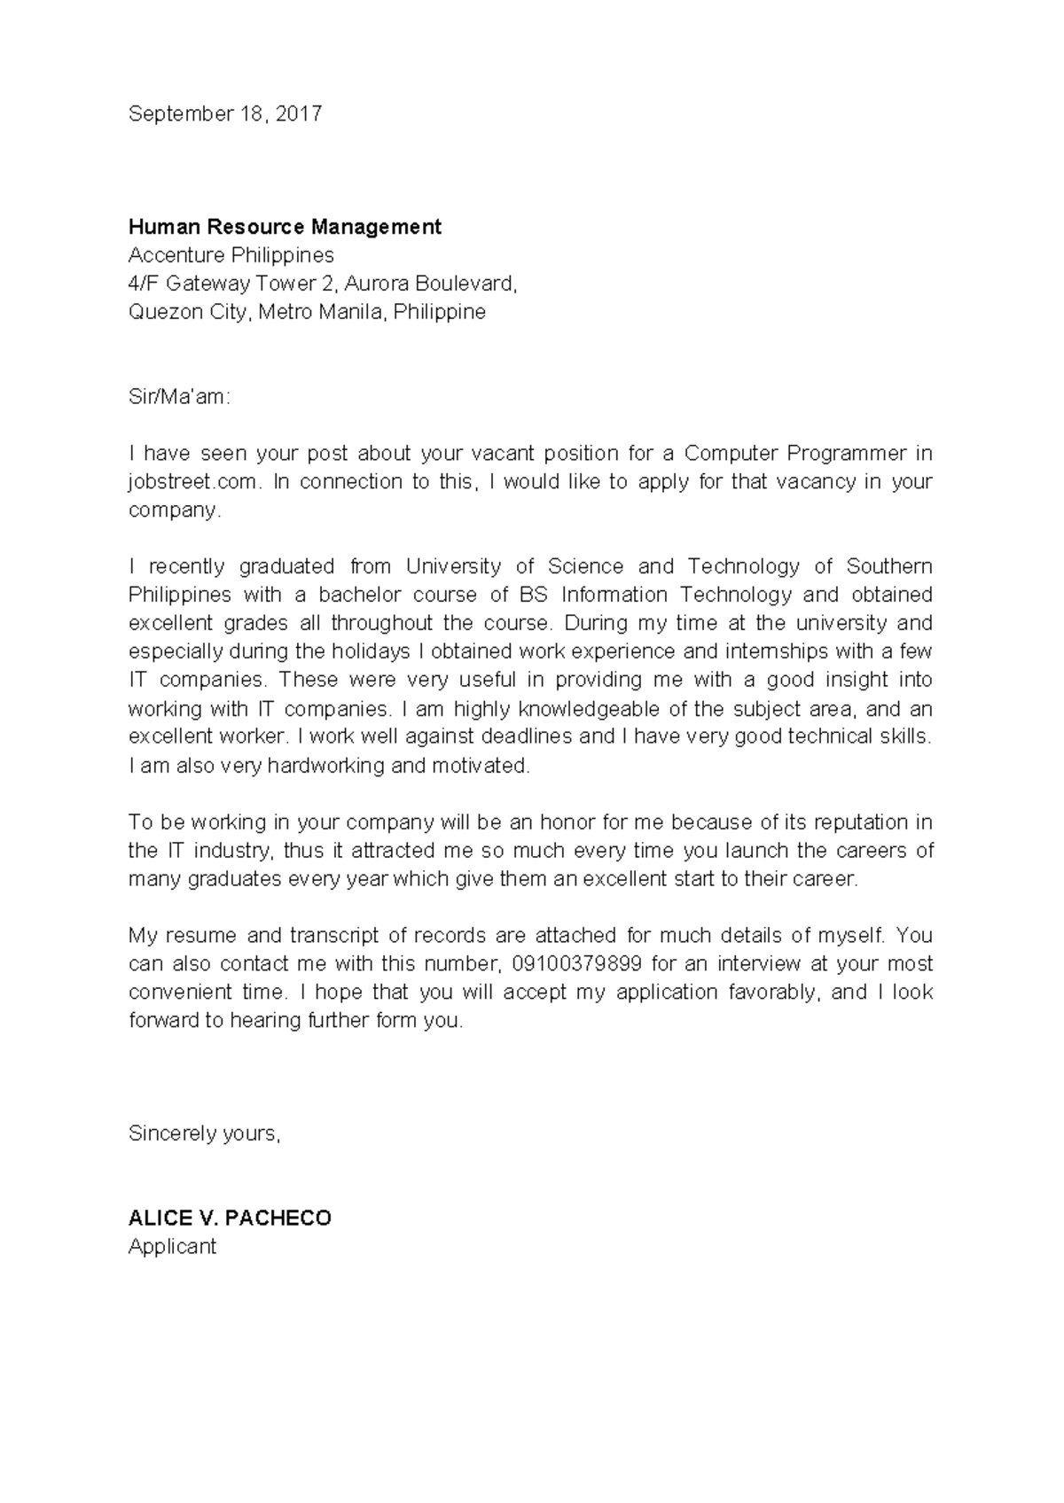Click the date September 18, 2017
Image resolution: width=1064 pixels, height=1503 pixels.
click(x=225, y=113)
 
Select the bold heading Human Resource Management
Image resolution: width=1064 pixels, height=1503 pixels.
click(x=285, y=227)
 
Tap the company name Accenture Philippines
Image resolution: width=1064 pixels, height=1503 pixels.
click(x=231, y=255)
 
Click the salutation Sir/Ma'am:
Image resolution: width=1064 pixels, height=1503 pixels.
click(x=179, y=397)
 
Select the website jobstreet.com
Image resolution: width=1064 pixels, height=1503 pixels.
click(x=194, y=482)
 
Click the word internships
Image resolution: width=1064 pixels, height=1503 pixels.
click(x=776, y=651)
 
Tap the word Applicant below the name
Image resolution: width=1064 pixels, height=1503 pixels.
click(x=172, y=1247)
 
